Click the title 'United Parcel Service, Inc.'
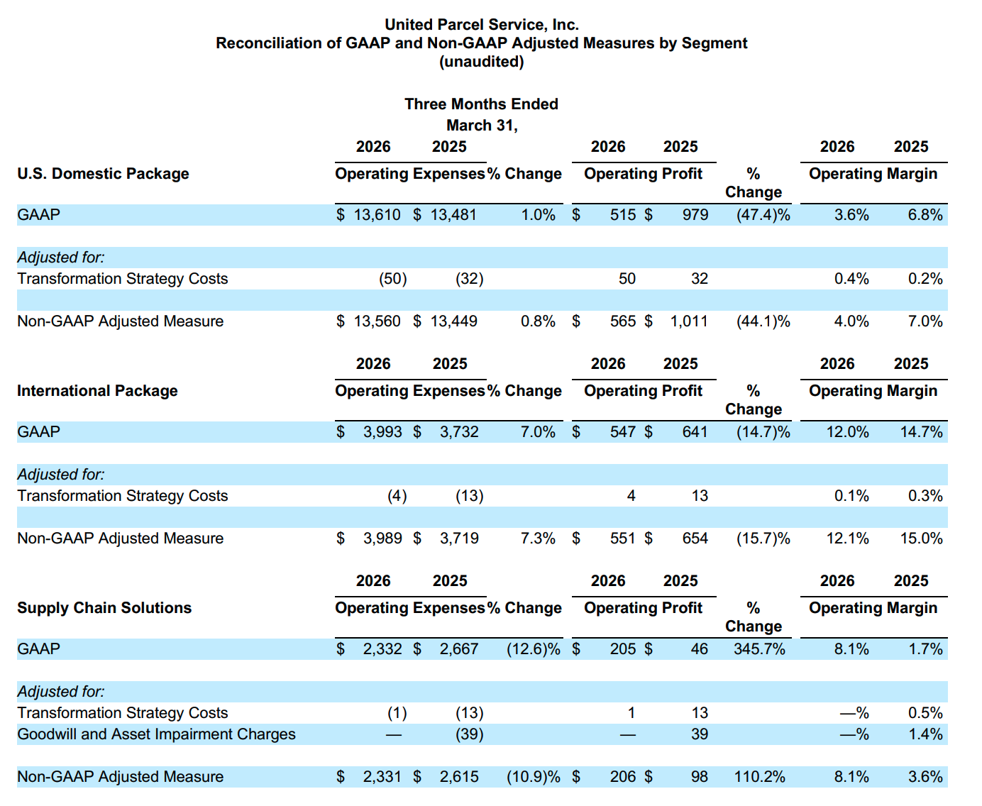tap(481, 25)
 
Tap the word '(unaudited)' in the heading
tap(481, 62)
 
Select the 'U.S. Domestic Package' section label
tap(103, 174)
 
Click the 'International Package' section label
tap(97, 391)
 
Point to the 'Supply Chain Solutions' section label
tap(104, 608)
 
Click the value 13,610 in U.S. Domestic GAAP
tap(377, 215)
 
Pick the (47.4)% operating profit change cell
tap(763, 215)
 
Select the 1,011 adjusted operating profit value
tap(688, 321)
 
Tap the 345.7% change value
tap(759, 649)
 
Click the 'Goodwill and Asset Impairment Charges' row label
tap(156, 734)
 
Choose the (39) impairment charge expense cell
tap(469, 734)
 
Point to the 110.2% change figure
tap(759, 777)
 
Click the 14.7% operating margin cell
tap(921, 432)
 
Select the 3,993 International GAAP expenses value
tap(382, 432)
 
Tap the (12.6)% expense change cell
tap(533, 649)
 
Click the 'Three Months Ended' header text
tap(481, 104)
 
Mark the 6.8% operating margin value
tap(925, 215)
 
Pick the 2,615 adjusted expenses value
tap(458, 777)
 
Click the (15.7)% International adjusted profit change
tap(763, 539)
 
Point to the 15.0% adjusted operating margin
tap(921, 539)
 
